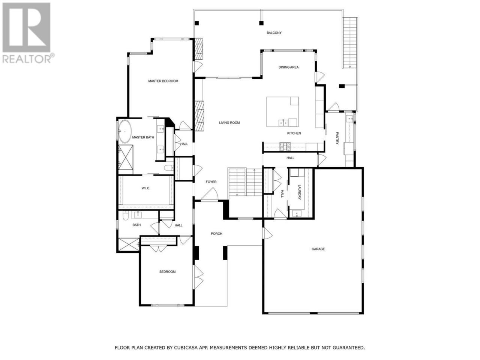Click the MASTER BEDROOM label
[x=163, y=81]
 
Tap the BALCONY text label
[x=274, y=33]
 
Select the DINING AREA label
[x=288, y=67]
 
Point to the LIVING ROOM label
[x=229, y=123]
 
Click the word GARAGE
[x=318, y=249]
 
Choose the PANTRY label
[x=337, y=138]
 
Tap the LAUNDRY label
[x=300, y=192]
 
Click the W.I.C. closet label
[x=146, y=188]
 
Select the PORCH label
[x=216, y=234]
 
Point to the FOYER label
[x=211, y=182]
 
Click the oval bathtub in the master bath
[x=125, y=131]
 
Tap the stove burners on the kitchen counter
[x=285, y=147]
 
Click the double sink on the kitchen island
[x=283, y=123]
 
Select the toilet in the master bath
[x=169, y=168]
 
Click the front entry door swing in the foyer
[x=210, y=194]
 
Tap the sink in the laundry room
[x=296, y=213]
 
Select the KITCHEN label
[x=294, y=133]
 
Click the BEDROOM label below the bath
[x=167, y=272]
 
